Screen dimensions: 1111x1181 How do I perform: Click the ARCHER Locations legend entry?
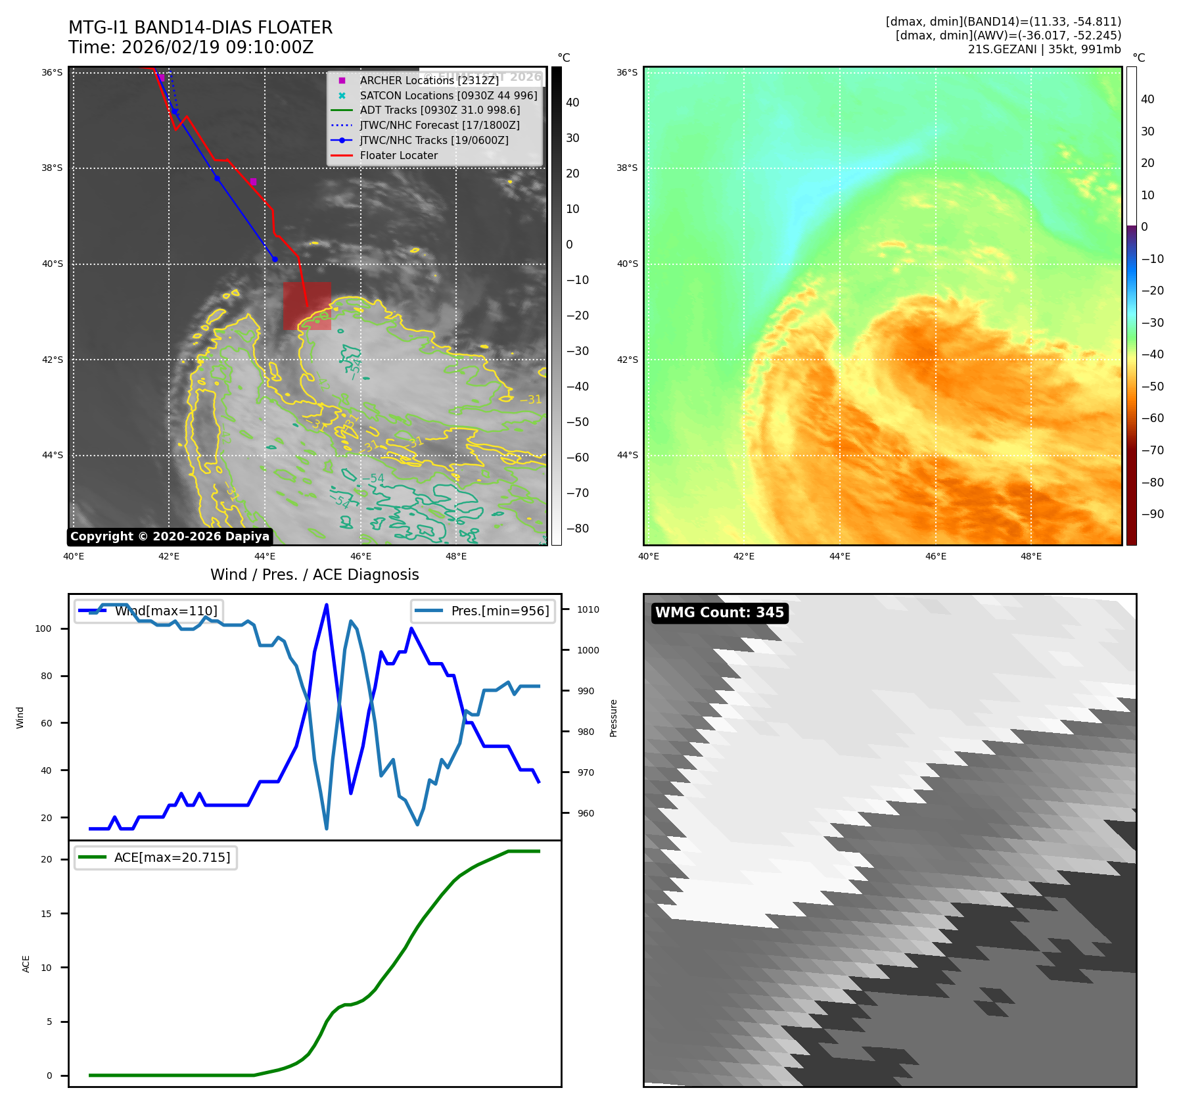pos(428,80)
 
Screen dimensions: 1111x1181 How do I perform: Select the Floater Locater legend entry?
pos(398,155)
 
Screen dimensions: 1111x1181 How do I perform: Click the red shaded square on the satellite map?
pos(307,306)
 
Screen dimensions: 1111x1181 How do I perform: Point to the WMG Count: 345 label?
pos(719,613)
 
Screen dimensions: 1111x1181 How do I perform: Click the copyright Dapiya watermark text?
pos(170,536)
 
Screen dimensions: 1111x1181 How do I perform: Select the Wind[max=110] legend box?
pos(149,611)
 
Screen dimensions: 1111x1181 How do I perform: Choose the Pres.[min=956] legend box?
pos(483,611)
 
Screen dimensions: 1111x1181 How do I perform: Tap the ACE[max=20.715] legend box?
pos(156,857)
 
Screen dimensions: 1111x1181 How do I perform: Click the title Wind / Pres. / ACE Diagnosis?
pos(314,575)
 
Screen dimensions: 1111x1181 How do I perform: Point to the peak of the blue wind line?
pos(327,605)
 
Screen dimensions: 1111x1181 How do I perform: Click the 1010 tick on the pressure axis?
pos(588,609)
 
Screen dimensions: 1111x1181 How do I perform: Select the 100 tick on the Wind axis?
pos(43,628)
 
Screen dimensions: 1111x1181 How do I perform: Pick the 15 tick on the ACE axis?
pos(46,913)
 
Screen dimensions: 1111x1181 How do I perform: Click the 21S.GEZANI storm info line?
pos(1044,49)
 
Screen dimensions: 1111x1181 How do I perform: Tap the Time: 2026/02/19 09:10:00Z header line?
pos(191,48)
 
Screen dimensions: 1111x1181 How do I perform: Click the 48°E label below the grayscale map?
pos(456,556)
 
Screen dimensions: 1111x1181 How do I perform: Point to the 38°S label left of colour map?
pos(627,168)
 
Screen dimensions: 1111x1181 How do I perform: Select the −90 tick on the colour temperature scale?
pos(1152,514)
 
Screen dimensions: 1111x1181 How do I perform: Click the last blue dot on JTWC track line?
pos(275,259)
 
